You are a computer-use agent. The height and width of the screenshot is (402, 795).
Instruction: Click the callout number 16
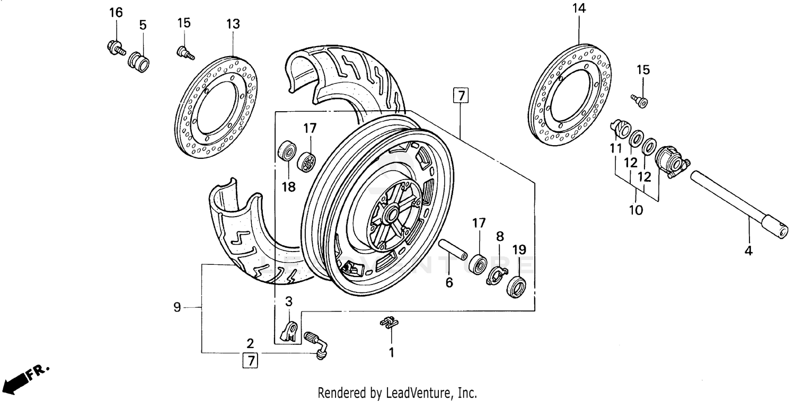(x=116, y=12)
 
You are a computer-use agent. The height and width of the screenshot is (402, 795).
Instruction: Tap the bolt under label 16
(x=114, y=47)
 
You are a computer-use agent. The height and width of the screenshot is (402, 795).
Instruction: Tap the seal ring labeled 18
(x=288, y=151)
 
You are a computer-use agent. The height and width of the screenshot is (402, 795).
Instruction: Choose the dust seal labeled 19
(x=517, y=287)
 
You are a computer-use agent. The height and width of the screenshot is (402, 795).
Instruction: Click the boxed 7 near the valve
(x=250, y=361)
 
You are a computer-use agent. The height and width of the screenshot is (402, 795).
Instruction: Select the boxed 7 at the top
(x=461, y=96)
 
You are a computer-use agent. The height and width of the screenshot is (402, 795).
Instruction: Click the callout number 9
(x=178, y=307)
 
